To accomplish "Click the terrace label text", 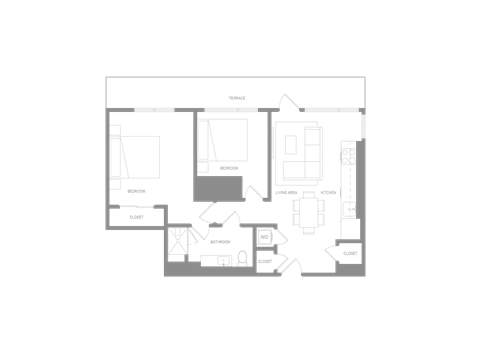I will pos(236,98).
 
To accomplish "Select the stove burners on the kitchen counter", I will pos(348,154).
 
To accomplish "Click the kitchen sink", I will pos(350,208).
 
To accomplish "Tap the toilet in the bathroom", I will pos(242,258).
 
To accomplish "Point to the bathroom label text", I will pos(220,240).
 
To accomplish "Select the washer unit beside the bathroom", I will pos(265,238).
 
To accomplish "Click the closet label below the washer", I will pos(265,260).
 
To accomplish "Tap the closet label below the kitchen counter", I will pos(348,254).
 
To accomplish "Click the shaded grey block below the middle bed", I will pos(219,187).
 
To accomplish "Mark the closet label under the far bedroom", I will pos(135,216).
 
